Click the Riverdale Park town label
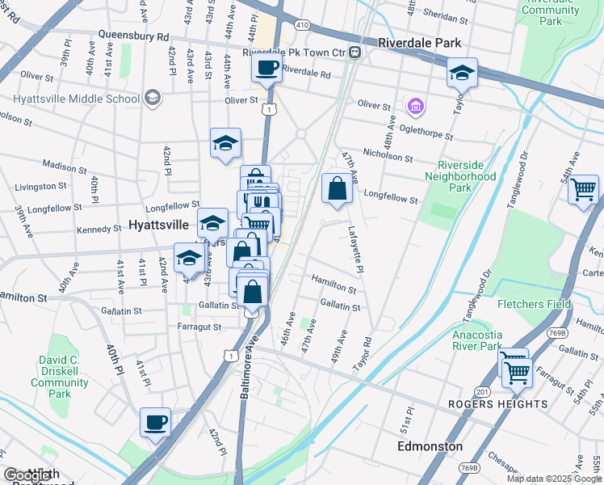[420, 42]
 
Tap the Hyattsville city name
[161, 224]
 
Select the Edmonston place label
[430, 446]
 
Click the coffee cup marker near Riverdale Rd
[266, 68]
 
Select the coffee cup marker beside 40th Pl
[155, 421]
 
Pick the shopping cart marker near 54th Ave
[582, 191]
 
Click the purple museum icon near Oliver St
[415, 106]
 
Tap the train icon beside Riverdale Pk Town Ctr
[356, 53]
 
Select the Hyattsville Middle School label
[76, 99]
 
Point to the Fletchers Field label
[534, 304]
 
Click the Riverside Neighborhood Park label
[460, 175]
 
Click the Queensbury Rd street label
[133, 36]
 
